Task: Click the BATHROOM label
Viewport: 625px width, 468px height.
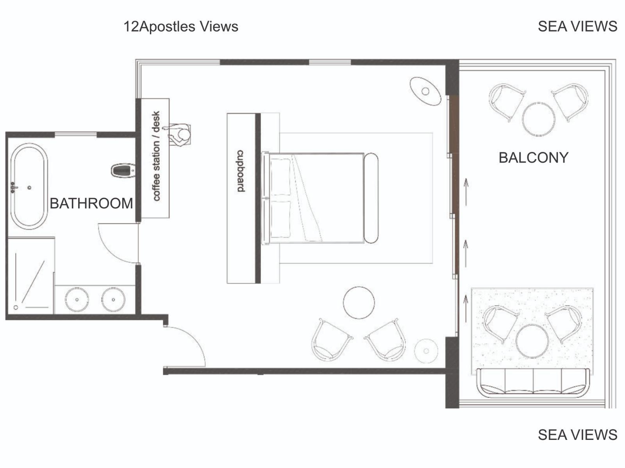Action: pyautogui.click(x=91, y=204)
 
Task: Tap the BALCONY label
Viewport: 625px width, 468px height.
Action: pyautogui.click(x=533, y=158)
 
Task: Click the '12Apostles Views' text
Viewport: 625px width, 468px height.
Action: pyautogui.click(x=181, y=27)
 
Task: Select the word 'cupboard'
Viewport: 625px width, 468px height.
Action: pyautogui.click(x=241, y=171)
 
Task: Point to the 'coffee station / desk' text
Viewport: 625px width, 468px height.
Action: pyautogui.click(x=156, y=156)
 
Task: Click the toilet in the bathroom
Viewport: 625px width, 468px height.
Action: pyautogui.click(x=123, y=170)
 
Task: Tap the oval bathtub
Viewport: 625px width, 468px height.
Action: pyautogui.click(x=29, y=186)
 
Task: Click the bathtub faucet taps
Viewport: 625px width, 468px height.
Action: pyautogui.click(x=13, y=187)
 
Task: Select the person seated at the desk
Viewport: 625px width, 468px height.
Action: pyautogui.click(x=179, y=135)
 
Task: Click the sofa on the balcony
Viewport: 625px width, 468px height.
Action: pyautogui.click(x=533, y=383)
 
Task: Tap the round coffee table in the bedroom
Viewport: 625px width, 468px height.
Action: pyautogui.click(x=359, y=302)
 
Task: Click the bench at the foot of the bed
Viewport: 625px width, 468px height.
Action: pyautogui.click(x=371, y=198)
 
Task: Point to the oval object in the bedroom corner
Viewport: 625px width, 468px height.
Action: pyautogui.click(x=425, y=91)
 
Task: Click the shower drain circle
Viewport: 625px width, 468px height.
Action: pyautogui.click(x=16, y=307)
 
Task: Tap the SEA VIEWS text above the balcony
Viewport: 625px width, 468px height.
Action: pyautogui.click(x=577, y=27)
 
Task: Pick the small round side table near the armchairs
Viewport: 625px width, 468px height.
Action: pyautogui.click(x=426, y=351)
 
